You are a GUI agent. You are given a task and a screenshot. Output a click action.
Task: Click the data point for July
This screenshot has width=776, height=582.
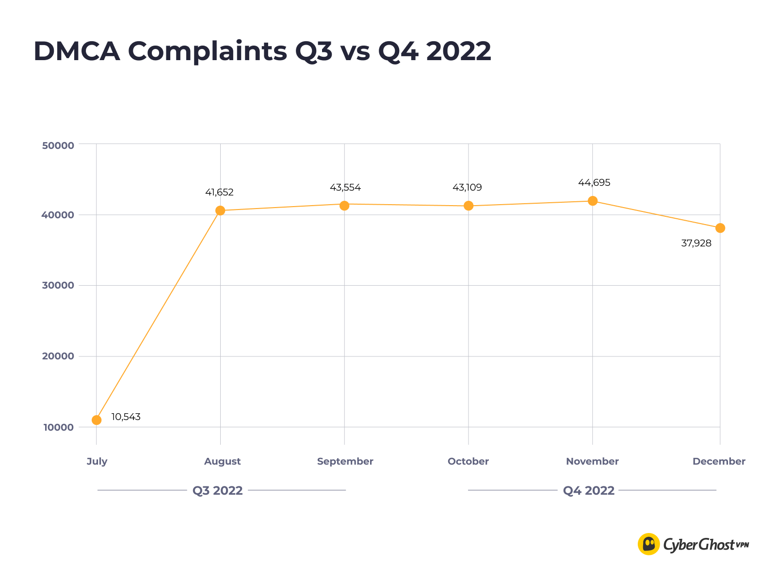(x=97, y=420)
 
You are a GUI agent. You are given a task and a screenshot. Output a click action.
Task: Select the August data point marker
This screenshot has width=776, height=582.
(x=220, y=210)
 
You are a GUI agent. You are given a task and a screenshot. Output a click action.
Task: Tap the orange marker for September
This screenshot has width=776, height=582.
(x=344, y=206)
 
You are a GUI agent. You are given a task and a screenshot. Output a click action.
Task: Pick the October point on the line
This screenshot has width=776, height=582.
(x=469, y=206)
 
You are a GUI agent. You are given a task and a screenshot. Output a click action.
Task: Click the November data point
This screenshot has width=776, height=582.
(x=593, y=201)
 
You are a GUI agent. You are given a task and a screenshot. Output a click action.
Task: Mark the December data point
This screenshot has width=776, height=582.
(x=720, y=228)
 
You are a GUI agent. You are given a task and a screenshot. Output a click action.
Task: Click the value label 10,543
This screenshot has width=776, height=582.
(x=126, y=417)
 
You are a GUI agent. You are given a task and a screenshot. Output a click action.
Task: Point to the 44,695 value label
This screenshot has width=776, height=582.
(x=594, y=183)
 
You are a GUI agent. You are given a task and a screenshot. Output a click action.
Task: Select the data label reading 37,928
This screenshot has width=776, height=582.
(x=696, y=243)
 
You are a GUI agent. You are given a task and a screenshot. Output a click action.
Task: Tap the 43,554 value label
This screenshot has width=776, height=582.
(x=345, y=188)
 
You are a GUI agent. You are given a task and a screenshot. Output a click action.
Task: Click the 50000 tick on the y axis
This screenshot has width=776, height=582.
(x=58, y=145)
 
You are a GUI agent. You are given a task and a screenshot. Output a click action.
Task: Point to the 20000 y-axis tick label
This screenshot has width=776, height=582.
(x=58, y=356)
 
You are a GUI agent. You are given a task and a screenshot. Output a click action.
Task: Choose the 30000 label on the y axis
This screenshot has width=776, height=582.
(x=58, y=286)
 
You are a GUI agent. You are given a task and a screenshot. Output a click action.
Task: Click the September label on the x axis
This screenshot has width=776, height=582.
(x=345, y=462)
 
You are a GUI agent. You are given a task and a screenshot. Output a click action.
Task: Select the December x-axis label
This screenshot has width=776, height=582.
(x=719, y=462)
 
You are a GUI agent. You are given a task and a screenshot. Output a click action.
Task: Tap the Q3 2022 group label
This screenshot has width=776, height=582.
(x=218, y=491)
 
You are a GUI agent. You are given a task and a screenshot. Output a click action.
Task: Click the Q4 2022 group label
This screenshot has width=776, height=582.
(x=589, y=491)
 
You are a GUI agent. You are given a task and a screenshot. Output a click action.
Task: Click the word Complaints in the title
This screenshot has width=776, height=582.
(x=208, y=51)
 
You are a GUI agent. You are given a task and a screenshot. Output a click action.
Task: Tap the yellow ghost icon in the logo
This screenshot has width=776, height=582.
(x=648, y=544)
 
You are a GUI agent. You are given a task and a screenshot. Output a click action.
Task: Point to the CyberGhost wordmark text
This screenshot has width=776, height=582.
(x=699, y=545)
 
